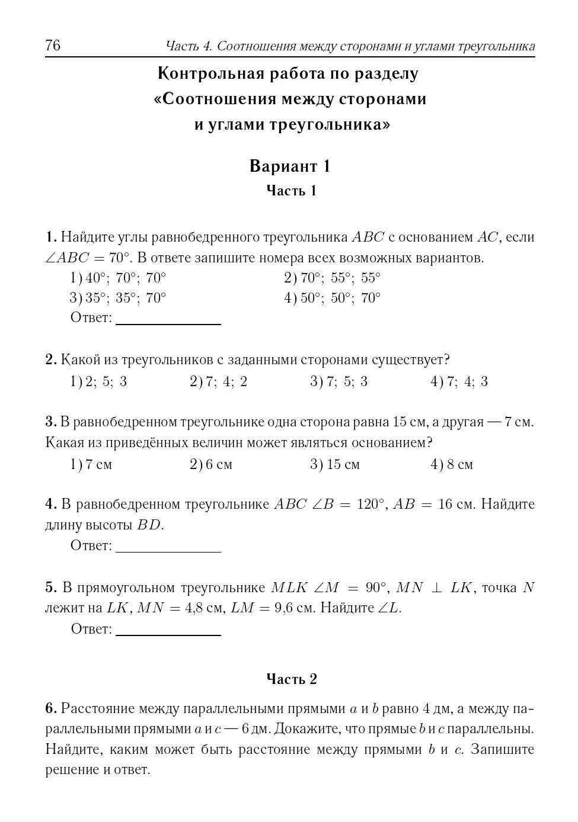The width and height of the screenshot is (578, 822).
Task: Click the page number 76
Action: pyautogui.click(x=53, y=46)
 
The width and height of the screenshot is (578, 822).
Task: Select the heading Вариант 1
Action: pyautogui.click(x=289, y=166)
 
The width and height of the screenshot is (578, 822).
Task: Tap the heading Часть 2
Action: pyautogui.click(x=292, y=679)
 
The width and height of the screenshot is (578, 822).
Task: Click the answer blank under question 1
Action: pyautogui.click(x=168, y=320)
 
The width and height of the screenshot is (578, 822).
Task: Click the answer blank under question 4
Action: pyautogui.click(x=168, y=547)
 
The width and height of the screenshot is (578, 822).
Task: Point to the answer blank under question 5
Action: pyautogui.click(x=168, y=631)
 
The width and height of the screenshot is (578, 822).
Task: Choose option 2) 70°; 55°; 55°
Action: pyautogui.click(x=332, y=278)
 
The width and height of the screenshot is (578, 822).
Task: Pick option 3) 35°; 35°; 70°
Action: pyautogui.click(x=118, y=298)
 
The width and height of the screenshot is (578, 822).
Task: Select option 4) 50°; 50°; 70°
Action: pyautogui.click(x=332, y=298)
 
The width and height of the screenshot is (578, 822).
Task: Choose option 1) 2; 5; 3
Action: pyautogui.click(x=98, y=382)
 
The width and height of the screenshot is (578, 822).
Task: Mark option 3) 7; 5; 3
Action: pyautogui.click(x=339, y=382)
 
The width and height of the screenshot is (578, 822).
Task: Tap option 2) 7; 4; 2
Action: pyautogui.click(x=218, y=382)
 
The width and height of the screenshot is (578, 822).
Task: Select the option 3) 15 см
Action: pyautogui.click(x=335, y=465)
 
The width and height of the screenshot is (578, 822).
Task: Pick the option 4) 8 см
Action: pyautogui.click(x=452, y=465)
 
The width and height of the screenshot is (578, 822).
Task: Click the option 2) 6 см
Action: pyautogui.click(x=211, y=465)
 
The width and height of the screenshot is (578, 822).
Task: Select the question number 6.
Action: pyautogui.click(x=50, y=709)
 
